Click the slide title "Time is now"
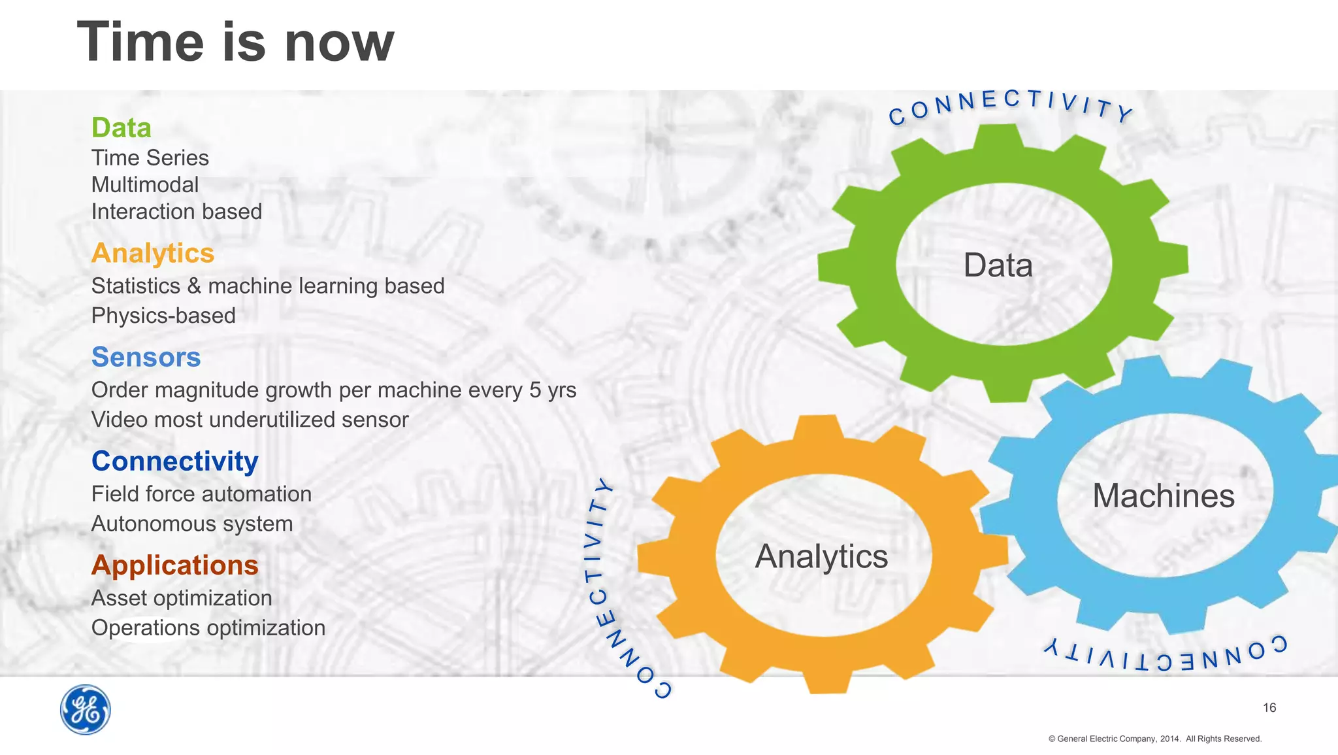click(x=236, y=42)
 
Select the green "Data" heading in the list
click(x=122, y=127)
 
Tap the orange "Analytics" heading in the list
click(x=153, y=254)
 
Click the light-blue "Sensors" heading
click(x=146, y=357)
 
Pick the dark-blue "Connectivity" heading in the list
click(x=175, y=461)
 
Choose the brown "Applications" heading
click(x=175, y=565)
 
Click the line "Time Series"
click(x=150, y=158)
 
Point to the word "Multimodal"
click(x=145, y=184)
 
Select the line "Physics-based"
click(x=163, y=315)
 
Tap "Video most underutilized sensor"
click(x=250, y=419)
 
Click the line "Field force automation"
click(x=201, y=494)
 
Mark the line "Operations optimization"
click(x=208, y=628)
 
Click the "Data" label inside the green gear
click(x=998, y=265)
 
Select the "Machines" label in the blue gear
click(x=1164, y=495)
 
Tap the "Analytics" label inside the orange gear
click(x=821, y=556)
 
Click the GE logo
click(x=86, y=710)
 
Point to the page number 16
click(x=1269, y=707)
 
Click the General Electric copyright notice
click(x=1154, y=739)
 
